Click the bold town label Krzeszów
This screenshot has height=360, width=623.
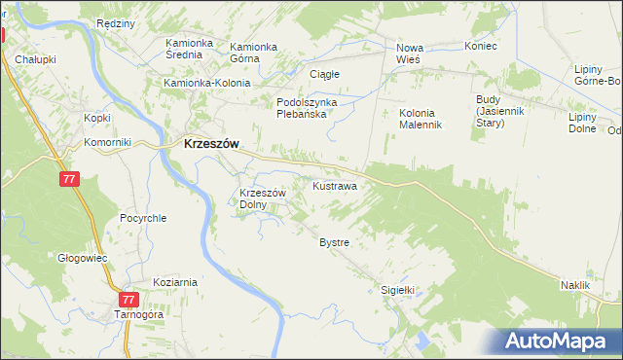point(211,143)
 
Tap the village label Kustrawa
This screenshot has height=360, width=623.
point(334,185)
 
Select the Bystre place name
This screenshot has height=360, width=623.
point(334,241)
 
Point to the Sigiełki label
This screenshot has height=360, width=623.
point(397,289)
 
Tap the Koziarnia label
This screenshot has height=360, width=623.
point(174,282)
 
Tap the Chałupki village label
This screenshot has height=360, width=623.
point(34,59)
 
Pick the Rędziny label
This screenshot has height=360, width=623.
point(115,22)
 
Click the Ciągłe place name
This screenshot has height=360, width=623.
point(323,74)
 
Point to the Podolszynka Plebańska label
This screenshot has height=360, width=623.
point(307,107)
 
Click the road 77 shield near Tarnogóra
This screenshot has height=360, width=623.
point(129,300)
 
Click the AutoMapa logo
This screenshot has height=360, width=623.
point(560,341)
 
